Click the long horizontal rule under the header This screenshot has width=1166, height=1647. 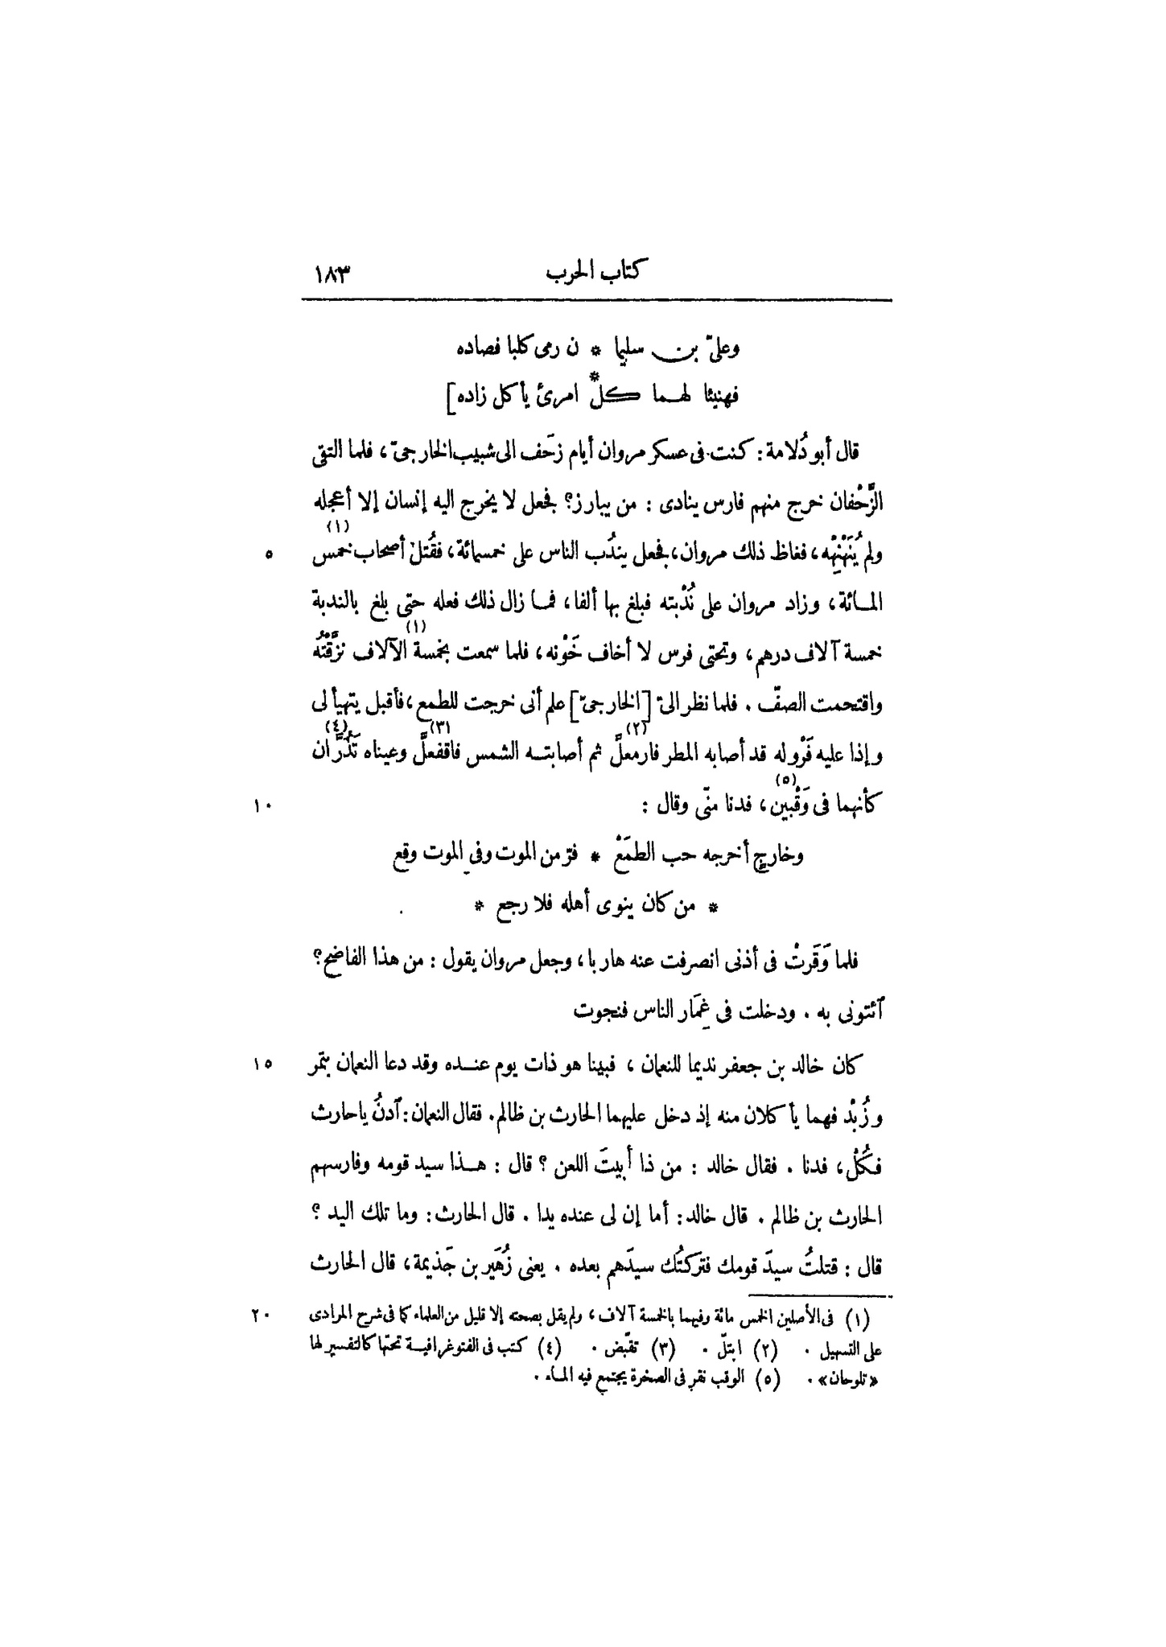596,301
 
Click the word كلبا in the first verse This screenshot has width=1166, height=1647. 525,348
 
